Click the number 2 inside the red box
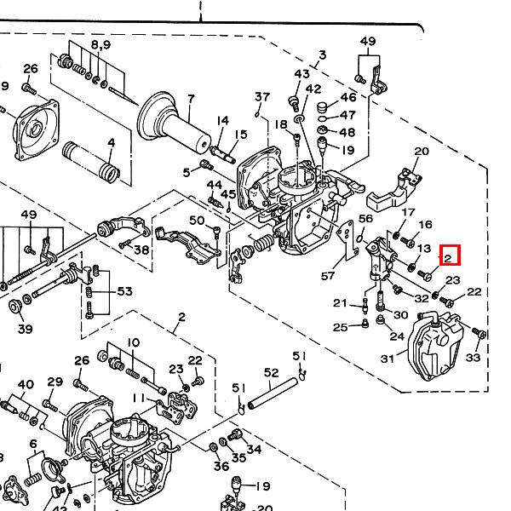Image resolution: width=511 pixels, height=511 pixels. click(x=450, y=255)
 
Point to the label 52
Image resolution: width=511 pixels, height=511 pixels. click(x=272, y=373)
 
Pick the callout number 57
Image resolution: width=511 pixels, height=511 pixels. click(x=328, y=275)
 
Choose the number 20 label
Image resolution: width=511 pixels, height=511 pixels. click(x=420, y=152)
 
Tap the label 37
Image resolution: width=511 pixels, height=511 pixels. click(x=261, y=96)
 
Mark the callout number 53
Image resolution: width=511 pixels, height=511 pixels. click(x=125, y=292)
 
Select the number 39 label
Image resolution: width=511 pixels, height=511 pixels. click(x=25, y=330)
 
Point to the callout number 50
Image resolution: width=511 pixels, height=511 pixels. click(x=197, y=221)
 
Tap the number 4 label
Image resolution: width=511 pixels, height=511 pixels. click(x=111, y=142)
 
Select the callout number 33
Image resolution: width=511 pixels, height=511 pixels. click(x=473, y=358)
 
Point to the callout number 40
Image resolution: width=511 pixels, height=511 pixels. click(x=26, y=384)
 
